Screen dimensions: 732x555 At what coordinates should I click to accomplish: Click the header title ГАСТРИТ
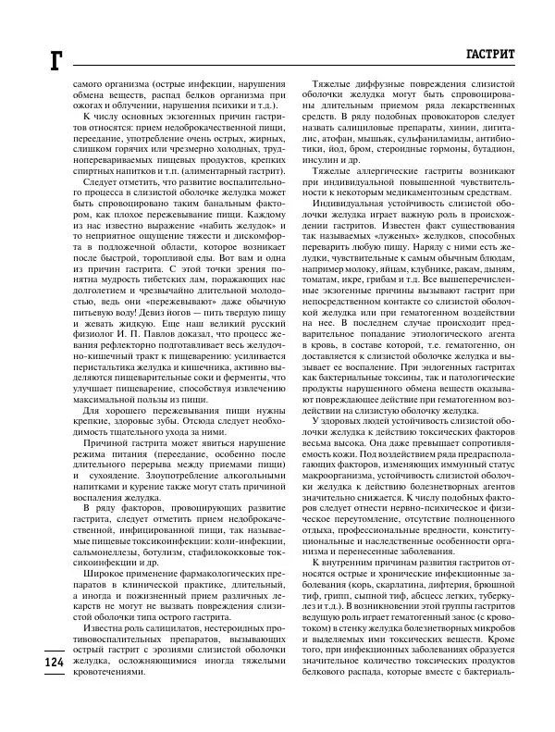tap(498, 55)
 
